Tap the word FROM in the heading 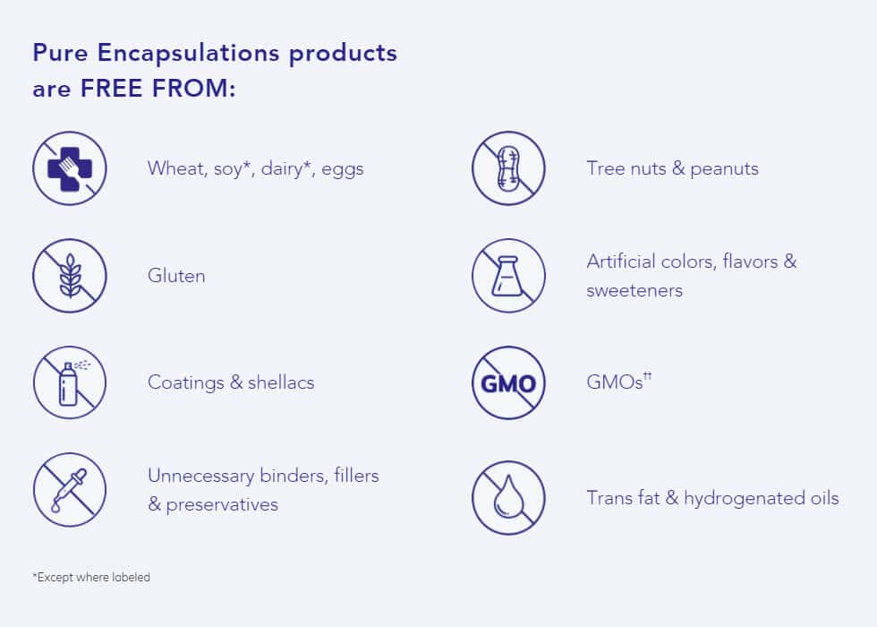coord(193,89)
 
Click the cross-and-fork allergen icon coord(70,168)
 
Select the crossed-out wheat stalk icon coord(70,276)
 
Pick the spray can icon coord(70,383)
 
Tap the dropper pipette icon coord(70,490)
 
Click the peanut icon coord(508,168)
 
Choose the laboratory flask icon coord(508,276)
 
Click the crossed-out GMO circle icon coord(508,383)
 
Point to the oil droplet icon coord(508,498)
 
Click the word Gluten coord(176,276)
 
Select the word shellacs coord(281,382)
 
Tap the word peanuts coord(724,169)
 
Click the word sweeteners coord(634,290)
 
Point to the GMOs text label coord(618,382)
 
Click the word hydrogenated coord(744,498)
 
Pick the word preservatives coord(222,505)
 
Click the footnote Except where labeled coord(91,577)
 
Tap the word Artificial coord(620,262)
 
